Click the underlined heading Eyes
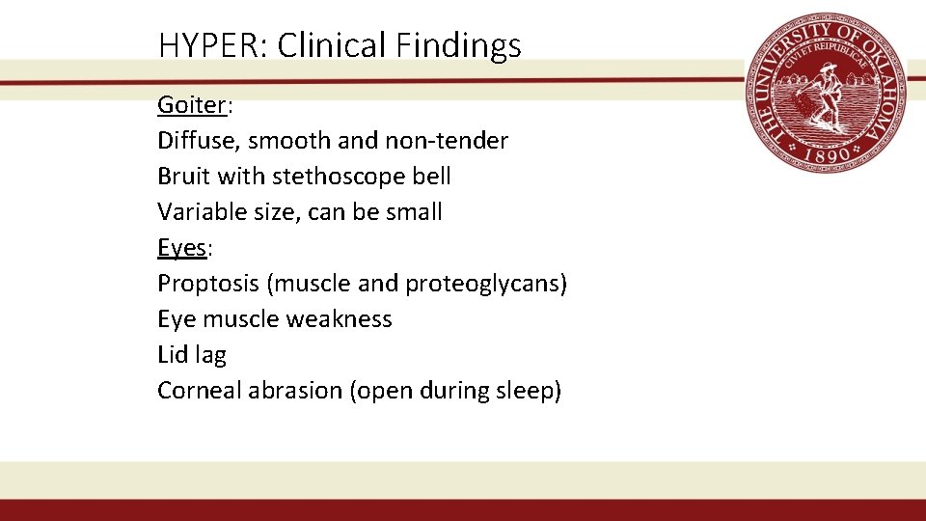(181, 248)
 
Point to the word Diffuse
(197, 141)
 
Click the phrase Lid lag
(191, 355)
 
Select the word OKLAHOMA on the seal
(883, 82)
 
